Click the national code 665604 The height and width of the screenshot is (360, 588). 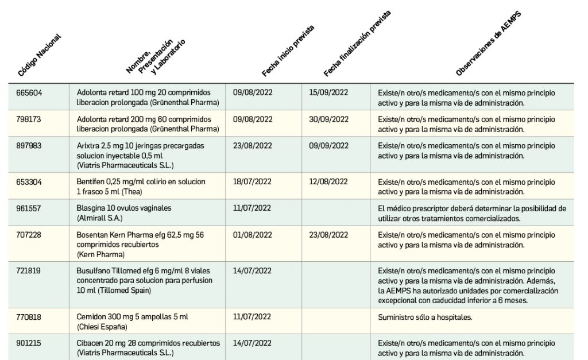(x=30, y=92)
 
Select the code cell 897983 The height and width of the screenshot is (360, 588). (x=30, y=146)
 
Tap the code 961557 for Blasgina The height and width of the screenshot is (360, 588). (x=30, y=208)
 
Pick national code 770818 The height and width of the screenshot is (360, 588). (x=30, y=316)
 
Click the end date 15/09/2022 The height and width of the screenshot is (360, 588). (x=328, y=92)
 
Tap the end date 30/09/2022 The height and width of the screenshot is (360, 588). (x=328, y=119)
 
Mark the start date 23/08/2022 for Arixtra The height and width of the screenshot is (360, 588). (x=253, y=146)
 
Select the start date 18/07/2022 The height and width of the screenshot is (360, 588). (x=253, y=181)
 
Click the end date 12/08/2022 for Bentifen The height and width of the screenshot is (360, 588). (x=328, y=181)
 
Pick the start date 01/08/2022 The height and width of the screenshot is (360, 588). (x=253, y=235)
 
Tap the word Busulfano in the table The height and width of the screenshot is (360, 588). (x=92, y=270)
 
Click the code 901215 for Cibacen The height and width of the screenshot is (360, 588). (x=30, y=343)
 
